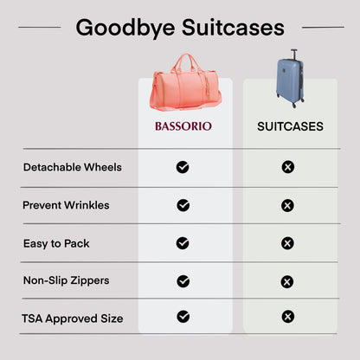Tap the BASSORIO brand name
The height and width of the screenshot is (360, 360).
coord(183,126)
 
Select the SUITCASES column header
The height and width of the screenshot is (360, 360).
coord(290,126)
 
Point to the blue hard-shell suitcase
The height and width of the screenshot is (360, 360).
coord(290,84)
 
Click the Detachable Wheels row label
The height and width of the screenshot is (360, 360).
coord(73,166)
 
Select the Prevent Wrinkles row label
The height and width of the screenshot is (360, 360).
coord(67,205)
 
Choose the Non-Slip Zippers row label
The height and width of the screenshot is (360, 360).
coord(67,280)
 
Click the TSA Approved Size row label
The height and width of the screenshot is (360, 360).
coord(73,318)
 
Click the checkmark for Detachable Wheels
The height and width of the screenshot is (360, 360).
coord(183,167)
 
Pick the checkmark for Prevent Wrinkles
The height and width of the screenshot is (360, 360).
coord(183,205)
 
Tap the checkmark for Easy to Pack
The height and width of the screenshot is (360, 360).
coord(183,243)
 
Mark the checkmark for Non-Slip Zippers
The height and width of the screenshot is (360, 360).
coord(183,281)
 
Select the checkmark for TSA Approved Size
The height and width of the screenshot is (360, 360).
coord(183,317)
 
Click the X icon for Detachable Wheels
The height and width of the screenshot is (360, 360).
coord(288,167)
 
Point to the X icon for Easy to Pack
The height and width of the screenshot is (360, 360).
coord(288,243)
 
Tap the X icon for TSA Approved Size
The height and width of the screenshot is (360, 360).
coord(288,317)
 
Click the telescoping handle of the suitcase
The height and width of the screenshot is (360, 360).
coord(293,55)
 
